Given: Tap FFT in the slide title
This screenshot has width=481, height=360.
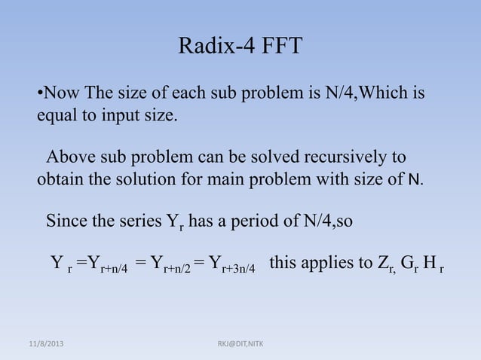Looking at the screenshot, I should coord(282,47).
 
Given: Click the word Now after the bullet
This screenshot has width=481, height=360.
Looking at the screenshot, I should coord(60,94).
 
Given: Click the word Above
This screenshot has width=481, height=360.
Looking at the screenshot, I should coord(70,157).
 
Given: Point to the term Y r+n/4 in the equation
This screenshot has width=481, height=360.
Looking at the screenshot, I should coord(106,264).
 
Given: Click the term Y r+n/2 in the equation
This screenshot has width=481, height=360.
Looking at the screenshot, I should coord(169,264).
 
